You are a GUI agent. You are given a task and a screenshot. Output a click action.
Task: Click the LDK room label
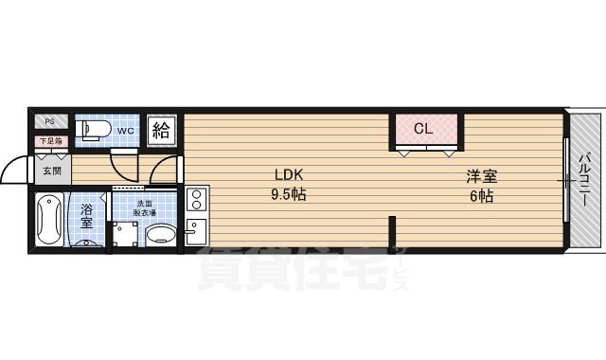(x=289, y=175)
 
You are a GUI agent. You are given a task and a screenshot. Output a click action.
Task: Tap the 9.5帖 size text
(x=289, y=195)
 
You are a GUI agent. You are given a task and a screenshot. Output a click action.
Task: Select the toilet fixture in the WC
(x=92, y=131)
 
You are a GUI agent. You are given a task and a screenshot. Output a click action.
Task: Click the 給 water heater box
(x=162, y=130)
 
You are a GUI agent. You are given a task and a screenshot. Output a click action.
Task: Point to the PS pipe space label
(x=50, y=122)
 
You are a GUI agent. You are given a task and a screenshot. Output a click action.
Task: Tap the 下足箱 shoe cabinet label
(x=50, y=142)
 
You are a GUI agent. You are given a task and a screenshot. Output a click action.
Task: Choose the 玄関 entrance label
(x=50, y=171)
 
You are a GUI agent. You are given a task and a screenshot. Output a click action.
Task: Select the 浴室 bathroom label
(x=86, y=215)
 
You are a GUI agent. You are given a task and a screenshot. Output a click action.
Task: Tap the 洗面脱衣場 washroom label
(x=144, y=208)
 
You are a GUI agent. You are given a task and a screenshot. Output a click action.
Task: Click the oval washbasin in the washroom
(x=161, y=234)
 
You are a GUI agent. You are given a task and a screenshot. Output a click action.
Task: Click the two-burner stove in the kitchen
(x=196, y=199)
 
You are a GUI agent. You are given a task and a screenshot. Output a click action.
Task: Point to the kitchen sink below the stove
(x=196, y=231)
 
